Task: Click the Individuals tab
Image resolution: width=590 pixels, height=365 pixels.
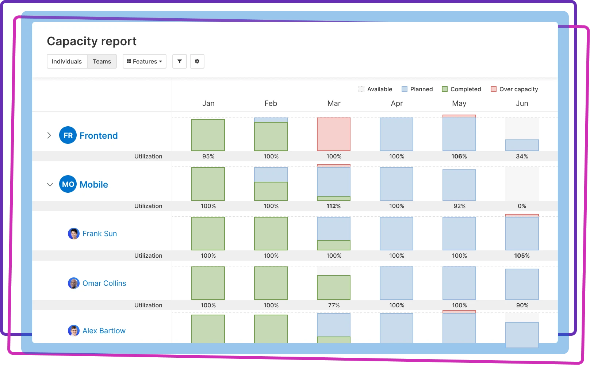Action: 67,61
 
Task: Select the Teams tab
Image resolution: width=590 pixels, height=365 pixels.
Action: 102,61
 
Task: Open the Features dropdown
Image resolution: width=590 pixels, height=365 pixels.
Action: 145,61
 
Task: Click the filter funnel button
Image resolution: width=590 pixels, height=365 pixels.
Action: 180,61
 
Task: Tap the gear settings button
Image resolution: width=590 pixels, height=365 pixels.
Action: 197,61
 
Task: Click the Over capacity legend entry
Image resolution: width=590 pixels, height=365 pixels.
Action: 514,89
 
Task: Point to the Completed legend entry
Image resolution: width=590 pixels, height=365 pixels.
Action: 461,89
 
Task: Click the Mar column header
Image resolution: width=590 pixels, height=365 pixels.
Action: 334,103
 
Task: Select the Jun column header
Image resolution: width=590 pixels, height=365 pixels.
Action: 522,103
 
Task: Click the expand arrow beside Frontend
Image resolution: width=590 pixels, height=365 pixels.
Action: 49,135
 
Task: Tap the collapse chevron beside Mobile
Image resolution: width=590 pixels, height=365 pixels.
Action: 50,184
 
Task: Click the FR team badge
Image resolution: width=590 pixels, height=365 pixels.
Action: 68,135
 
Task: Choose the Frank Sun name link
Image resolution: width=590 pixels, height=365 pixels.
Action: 100,234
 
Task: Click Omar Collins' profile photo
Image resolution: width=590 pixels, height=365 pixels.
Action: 74,283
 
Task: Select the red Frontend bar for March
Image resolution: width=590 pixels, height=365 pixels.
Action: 334,134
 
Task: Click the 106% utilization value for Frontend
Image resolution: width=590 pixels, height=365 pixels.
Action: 459,156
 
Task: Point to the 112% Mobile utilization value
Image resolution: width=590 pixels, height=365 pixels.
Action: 334,206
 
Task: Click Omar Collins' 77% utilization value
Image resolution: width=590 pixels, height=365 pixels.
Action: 334,305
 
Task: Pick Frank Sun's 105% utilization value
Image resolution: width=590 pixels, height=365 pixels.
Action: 522,255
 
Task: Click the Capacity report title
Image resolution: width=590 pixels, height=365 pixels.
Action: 92,41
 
